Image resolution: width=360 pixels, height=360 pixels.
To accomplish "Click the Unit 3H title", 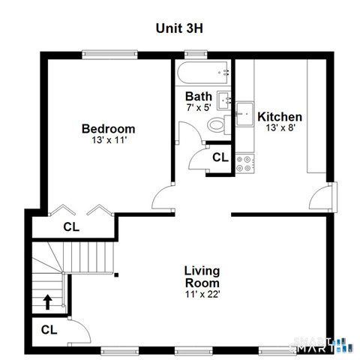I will (180, 28).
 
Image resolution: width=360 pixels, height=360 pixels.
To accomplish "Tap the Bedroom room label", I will (109, 128).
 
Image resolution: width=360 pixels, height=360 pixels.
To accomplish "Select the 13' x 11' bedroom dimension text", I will (109, 140).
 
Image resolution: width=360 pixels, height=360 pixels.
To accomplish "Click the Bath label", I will (199, 96).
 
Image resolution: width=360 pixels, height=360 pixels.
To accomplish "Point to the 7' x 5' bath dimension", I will (199, 107).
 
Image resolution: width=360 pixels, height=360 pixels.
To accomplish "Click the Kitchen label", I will (280, 117).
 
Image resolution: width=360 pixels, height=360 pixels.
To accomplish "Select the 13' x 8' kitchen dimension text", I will (280, 128).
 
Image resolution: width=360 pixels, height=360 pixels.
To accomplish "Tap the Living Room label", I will (202, 277).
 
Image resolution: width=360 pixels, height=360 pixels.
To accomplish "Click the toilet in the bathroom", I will (217, 124).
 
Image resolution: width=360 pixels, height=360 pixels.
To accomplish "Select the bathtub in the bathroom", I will (205, 74).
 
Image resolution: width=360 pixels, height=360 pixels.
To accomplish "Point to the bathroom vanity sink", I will (224, 100).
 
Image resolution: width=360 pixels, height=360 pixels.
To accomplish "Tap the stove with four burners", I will (244, 163).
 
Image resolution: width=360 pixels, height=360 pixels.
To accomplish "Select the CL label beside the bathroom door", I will (219, 157).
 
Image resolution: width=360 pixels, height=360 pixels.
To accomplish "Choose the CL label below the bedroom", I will (70, 226).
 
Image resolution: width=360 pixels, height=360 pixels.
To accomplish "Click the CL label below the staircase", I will (49, 329).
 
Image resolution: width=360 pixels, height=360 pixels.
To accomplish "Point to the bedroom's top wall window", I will (109, 53).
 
